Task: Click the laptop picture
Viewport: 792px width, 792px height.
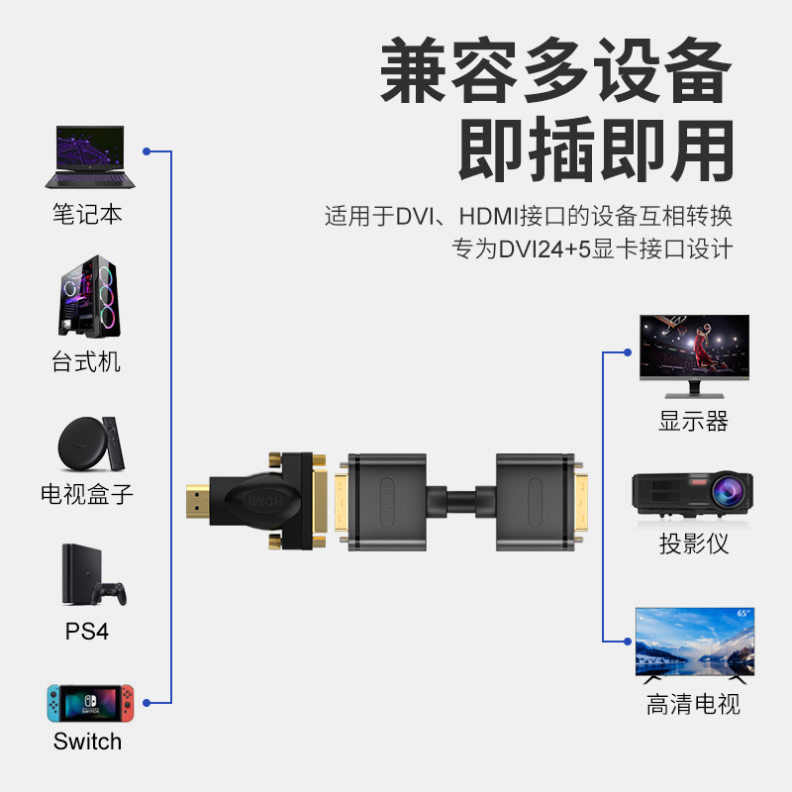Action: click(87, 157)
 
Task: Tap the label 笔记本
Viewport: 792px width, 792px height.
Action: click(87, 214)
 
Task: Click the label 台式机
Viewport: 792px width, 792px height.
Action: click(86, 361)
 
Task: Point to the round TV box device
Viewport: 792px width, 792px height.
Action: click(80, 443)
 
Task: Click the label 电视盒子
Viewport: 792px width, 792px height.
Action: click(86, 493)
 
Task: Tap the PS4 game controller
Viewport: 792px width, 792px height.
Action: click(109, 593)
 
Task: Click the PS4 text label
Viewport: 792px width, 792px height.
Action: click(87, 631)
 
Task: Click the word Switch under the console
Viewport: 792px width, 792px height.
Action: click(87, 742)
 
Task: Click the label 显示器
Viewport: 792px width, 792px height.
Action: click(694, 421)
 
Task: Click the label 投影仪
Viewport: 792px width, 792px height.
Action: click(694, 544)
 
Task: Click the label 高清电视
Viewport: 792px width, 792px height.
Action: click(693, 705)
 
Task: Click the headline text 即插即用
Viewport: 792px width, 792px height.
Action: click(595, 149)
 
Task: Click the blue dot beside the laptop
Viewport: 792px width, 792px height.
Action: click(147, 151)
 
